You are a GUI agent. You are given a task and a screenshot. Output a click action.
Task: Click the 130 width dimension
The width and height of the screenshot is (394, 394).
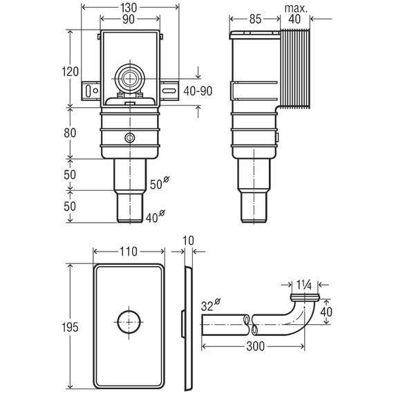[129, 8]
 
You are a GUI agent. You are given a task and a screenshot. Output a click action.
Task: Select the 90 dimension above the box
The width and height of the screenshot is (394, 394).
[129, 19]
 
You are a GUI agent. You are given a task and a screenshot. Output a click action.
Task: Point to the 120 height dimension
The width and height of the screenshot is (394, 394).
[70, 72]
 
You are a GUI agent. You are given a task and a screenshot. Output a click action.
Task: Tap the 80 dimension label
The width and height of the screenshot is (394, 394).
[70, 133]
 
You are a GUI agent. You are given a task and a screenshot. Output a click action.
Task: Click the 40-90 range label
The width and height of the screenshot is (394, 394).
[198, 91]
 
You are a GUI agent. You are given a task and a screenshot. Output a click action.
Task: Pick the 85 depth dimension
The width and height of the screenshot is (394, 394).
[255, 19]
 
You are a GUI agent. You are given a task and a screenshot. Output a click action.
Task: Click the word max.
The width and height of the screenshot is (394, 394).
[296, 8]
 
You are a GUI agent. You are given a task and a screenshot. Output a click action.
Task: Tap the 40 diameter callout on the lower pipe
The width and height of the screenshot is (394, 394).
[156, 216]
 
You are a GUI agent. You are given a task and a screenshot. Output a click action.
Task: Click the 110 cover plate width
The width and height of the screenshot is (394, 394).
[129, 252]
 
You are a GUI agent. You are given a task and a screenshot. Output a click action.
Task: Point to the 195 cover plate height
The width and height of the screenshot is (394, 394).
[70, 327]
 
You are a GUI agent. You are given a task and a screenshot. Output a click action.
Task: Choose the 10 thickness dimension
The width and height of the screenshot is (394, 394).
[188, 241]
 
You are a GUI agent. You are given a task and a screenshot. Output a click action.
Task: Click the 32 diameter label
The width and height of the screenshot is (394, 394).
[211, 305]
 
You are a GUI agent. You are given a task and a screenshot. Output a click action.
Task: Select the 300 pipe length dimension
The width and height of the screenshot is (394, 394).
[256, 346]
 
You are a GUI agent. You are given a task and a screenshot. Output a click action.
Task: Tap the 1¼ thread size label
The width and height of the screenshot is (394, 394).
[303, 285]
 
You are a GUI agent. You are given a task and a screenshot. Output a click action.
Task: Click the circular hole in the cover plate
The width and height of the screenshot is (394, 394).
[129, 322]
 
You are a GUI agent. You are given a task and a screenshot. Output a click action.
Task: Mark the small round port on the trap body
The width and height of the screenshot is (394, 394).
[130, 138]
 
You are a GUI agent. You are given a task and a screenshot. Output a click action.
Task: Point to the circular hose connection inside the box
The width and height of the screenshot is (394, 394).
[130, 79]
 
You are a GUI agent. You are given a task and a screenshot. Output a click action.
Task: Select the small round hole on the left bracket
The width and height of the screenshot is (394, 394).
[95, 91]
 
